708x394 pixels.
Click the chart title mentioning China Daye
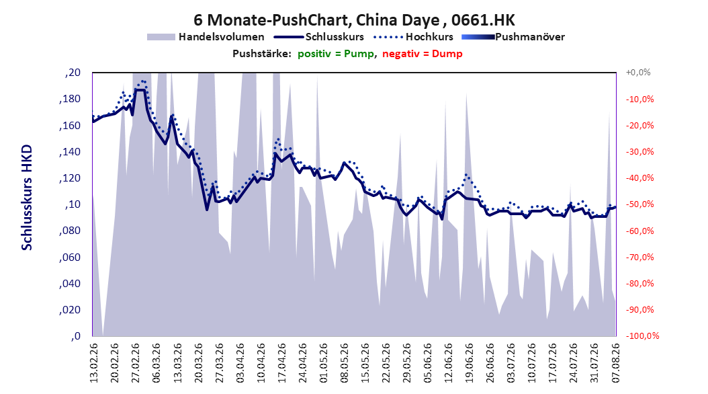coord(354,20)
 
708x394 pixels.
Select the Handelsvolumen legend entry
coord(206,37)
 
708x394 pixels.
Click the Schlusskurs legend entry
coord(319,37)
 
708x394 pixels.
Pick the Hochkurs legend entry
coord(413,37)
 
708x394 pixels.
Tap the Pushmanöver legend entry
coord(513,37)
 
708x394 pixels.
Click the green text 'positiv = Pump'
coord(336,54)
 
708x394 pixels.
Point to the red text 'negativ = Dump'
coord(423,54)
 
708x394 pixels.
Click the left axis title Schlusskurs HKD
coord(27,198)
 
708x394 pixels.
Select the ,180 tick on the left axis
coord(70,99)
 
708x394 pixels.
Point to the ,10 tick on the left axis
coord(73,204)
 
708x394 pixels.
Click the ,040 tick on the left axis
coord(70,283)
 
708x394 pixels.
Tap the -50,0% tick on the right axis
coord(639,204)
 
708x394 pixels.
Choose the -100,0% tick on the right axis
coord(642,336)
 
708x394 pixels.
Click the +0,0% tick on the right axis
coord(638,73)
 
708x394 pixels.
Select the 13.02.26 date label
coord(94,363)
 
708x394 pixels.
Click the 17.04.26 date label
coord(281,363)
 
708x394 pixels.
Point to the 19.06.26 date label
coord(470,363)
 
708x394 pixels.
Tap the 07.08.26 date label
coord(615,363)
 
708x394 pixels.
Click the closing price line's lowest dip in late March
coord(207,209)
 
